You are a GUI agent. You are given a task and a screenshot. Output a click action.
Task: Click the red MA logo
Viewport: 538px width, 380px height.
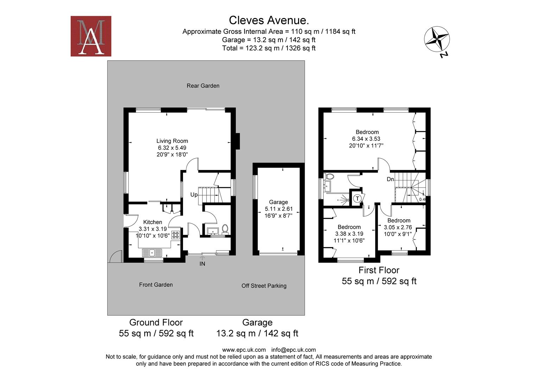[91, 36]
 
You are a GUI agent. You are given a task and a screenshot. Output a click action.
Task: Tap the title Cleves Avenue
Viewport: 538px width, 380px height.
[269, 20]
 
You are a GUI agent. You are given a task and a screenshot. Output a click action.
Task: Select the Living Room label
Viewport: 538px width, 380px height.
[172, 141]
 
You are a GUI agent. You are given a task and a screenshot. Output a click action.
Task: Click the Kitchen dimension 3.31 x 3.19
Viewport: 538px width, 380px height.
[153, 229]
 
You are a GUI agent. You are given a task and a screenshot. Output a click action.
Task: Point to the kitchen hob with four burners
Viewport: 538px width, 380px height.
[176, 235]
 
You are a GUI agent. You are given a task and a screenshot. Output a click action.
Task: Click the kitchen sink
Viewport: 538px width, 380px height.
[152, 253]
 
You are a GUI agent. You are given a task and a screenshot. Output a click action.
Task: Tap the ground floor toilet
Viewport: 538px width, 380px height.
[225, 229]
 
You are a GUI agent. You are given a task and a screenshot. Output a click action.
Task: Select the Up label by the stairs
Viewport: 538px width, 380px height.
[194, 195]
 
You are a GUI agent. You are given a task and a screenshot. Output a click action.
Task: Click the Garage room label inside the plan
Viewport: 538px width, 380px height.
[278, 202]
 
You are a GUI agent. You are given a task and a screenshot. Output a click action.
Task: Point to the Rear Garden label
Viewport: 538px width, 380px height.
[203, 86]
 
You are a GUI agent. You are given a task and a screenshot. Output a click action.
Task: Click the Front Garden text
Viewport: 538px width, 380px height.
[156, 285]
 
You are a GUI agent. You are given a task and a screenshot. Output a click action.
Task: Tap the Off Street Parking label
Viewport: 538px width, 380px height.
[264, 286]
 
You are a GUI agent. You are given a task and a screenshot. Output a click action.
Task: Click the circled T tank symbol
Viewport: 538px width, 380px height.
[357, 198]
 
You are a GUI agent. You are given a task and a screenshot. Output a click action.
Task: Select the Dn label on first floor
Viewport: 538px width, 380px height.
[390, 179]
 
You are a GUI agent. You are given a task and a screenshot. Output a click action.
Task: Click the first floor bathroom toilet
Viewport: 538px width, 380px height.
[329, 176]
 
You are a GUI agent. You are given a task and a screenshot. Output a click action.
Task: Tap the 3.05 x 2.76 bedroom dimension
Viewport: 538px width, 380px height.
[398, 227]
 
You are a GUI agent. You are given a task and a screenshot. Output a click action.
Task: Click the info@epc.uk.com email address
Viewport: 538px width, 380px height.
[293, 350]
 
